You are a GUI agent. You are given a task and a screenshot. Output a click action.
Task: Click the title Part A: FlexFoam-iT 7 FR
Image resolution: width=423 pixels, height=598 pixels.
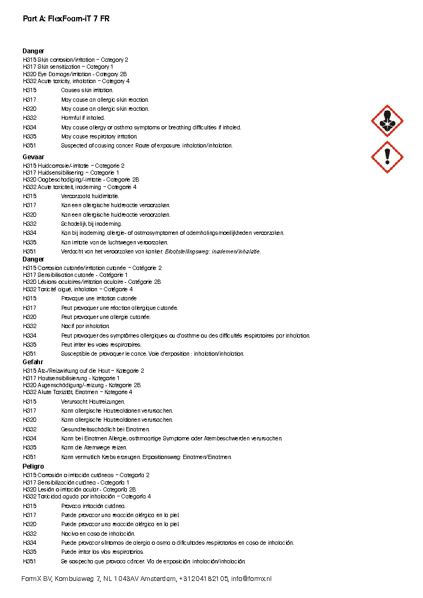point(66,19)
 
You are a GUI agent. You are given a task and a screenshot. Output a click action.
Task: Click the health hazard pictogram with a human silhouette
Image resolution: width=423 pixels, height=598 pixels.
point(387,121)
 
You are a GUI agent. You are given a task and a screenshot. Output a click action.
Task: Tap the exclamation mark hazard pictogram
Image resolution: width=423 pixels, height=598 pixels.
point(387,157)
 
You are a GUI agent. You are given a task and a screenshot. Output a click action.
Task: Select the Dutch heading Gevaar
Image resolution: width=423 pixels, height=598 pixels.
point(33,157)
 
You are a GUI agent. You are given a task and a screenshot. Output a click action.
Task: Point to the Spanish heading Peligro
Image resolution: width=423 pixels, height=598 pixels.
point(33,466)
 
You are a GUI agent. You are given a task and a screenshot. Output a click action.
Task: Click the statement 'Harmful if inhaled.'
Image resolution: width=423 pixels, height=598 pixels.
point(83,118)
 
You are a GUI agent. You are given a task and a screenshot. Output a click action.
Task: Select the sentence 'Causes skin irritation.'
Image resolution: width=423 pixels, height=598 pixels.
point(87,91)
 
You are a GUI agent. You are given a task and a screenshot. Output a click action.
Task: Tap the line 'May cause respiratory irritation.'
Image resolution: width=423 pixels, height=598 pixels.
point(99,136)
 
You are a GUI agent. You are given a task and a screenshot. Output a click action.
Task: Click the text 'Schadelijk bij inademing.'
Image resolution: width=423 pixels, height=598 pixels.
point(91,224)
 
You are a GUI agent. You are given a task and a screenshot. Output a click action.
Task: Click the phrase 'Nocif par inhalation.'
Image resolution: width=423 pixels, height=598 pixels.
point(85,326)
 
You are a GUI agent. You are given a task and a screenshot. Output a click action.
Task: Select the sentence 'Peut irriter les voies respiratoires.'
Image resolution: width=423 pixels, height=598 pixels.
point(101,345)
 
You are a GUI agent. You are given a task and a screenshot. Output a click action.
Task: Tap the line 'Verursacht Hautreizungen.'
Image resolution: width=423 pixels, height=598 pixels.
point(93,402)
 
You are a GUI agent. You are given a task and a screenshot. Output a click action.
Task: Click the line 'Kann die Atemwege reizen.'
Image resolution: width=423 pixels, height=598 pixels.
point(94,447)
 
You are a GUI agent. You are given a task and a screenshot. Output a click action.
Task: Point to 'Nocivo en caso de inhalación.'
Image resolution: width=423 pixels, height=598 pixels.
point(98,533)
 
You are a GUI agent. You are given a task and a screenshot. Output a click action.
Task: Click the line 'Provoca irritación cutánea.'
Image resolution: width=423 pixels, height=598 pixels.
point(93,506)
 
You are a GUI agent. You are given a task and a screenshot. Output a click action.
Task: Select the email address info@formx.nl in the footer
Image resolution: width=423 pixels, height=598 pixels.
point(251,579)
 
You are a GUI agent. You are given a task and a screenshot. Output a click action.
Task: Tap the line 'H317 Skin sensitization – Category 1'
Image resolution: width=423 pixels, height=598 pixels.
point(68,67)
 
